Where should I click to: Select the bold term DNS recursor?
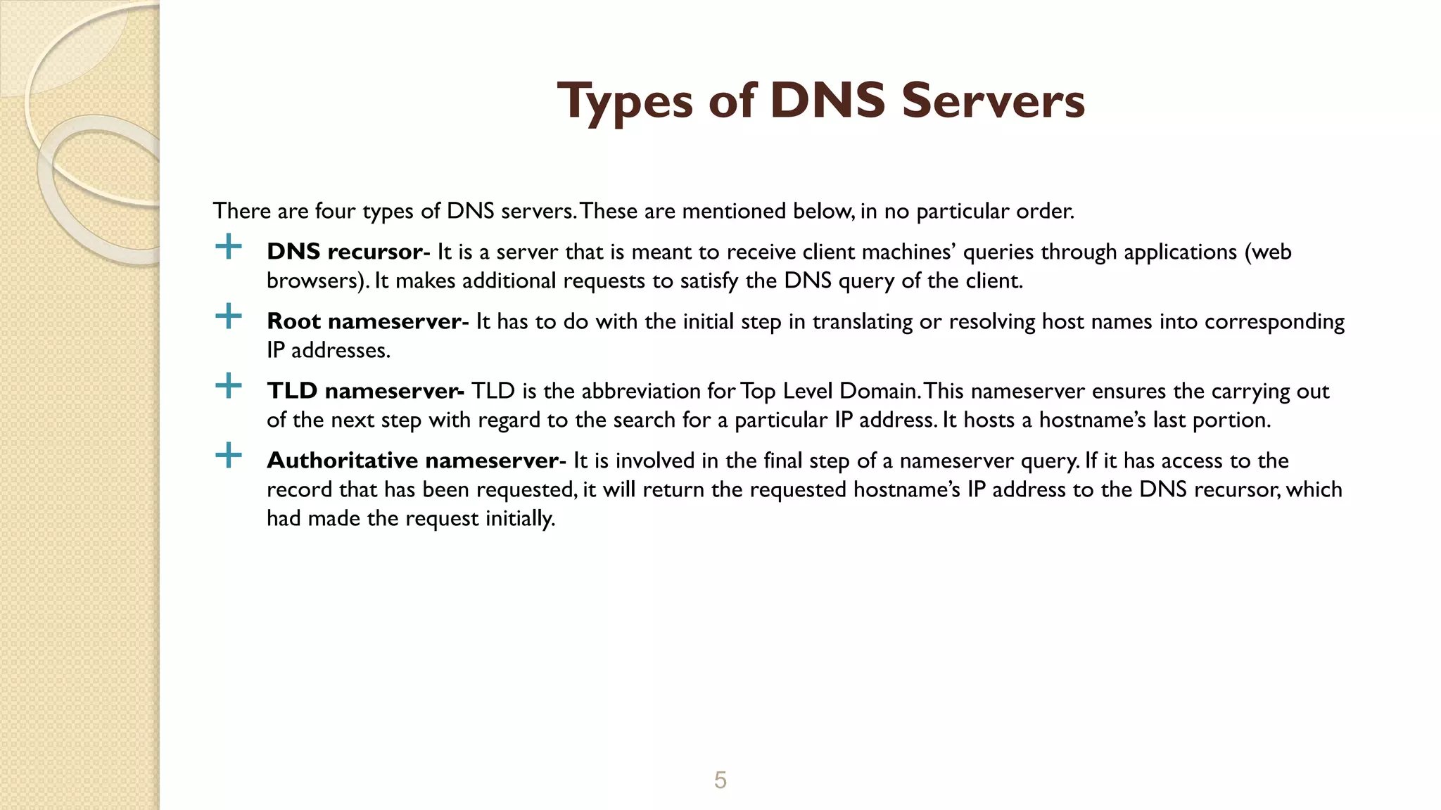(x=345, y=252)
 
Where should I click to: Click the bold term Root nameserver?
(x=364, y=321)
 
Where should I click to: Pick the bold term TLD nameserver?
(x=364, y=391)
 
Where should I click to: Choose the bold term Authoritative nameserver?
(x=413, y=461)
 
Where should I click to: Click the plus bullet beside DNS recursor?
(x=228, y=247)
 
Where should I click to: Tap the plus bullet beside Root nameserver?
(x=228, y=316)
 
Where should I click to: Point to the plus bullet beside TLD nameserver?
(x=228, y=386)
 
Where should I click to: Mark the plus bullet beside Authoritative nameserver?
(x=228, y=456)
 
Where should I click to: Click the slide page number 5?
(x=720, y=780)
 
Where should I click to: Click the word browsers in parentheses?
(x=313, y=281)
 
